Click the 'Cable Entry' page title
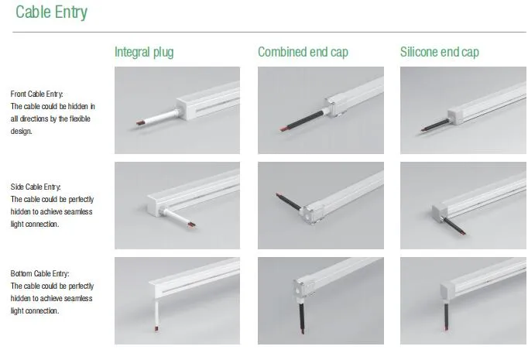[x=52, y=12]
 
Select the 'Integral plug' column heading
[x=144, y=52]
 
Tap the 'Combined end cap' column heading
[x=303, y=52]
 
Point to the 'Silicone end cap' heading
[x=440, y=52]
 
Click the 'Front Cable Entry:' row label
[x=36, y=94]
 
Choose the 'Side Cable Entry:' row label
[x=36, y=187]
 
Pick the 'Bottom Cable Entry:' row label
[x=39, y=273]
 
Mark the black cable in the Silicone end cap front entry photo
[x=435, y=125]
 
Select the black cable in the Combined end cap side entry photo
[x=289, y=202]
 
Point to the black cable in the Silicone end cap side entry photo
[x=454, y=225]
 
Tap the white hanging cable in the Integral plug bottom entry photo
[x=156, y=315]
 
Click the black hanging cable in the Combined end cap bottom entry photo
[x=302, y=317]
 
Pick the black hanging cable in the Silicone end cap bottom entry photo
[x=446, y=316]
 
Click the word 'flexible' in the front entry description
[x=80, y=119]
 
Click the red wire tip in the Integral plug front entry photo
[x=140, y=123]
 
